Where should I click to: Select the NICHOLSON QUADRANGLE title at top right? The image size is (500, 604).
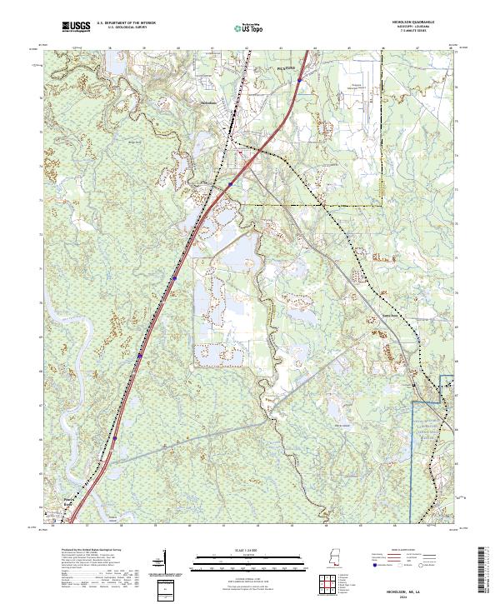pyautogui.click(x=423, y=23)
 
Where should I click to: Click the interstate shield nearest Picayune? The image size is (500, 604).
pyautogui.click(x=298, y=81)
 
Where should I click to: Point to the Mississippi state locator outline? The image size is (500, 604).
pyautogui.click(x=334, y=557)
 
